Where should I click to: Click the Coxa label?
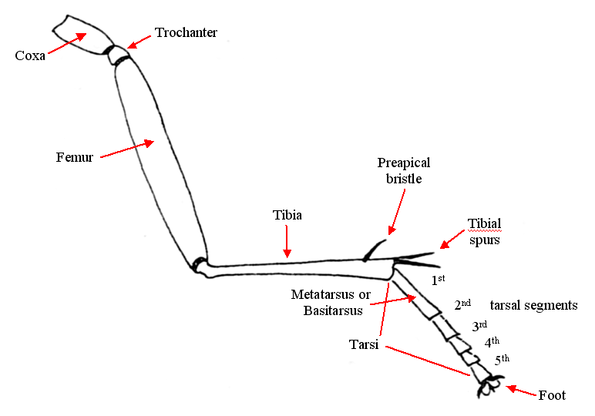(30, 55)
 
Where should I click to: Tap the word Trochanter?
(186, 32)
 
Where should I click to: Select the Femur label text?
(75, 157)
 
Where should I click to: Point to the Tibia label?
(287, 216)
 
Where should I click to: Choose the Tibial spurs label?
(484, 231)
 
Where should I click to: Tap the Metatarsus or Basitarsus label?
(331, 302)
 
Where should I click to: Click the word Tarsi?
(364, 345)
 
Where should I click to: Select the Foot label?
(552, 395)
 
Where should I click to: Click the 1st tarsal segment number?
(438, 280)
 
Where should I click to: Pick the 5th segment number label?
(502, 359)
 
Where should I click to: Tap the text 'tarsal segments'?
(533, 305)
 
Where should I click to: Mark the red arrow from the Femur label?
(127, 149)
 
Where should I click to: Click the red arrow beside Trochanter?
(139, 40)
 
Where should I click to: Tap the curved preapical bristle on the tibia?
(374, 248)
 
